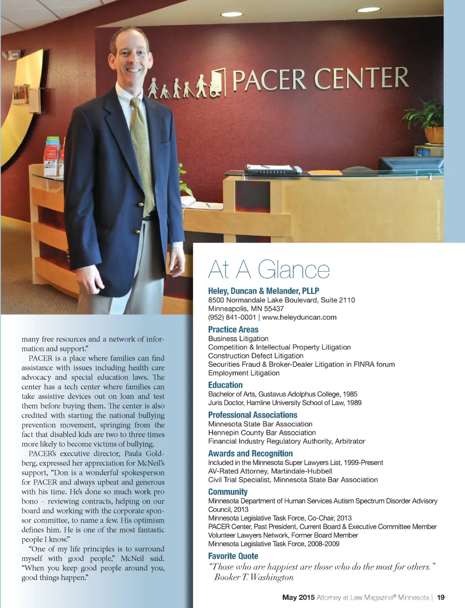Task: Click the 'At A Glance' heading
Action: point(269,270)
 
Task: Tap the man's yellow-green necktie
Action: point(142,154)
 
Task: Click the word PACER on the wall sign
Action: point(269,80)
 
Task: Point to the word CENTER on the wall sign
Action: point(361,78)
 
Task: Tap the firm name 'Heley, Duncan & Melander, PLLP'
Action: point(263,291)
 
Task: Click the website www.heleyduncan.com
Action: point(299,317)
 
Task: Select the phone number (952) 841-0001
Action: point(232,317)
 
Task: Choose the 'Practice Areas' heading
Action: point(233,330)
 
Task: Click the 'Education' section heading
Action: point(225,385)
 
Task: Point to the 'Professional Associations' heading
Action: point(252,415)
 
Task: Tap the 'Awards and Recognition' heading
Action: point(250,454)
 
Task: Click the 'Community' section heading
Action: point(228,492)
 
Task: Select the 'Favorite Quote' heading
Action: point(233,556)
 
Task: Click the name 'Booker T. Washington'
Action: point(254,577)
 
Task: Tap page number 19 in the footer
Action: point(440,598)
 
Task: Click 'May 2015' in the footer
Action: point(298,598)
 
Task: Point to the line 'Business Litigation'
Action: point(238,339)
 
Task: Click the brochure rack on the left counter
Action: point(52,157)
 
